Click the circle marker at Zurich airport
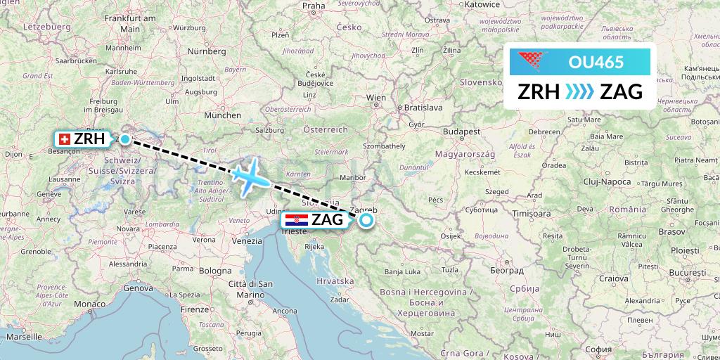click(x=125, y=139)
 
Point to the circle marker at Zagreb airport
click(x=366, y=221)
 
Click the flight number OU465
click(x=596, y=62)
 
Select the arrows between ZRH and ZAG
click(x=580, y=92)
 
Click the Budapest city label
click(x=456, y=131)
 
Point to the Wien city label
click(x=376, y=98)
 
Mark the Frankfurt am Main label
click(x=129, y=22)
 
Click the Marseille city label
click(x=26, y=337)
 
